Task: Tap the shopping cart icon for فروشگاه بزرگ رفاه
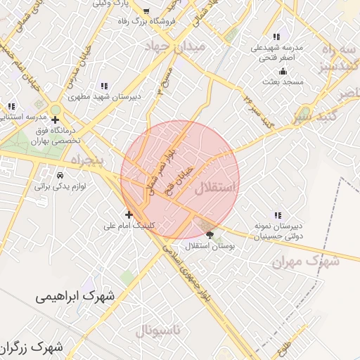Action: [146, 11]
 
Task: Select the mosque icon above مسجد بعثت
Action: [283, 71]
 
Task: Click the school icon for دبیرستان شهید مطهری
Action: [104, 85]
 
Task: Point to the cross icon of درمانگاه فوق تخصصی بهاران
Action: [56, 120]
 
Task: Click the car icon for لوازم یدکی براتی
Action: [60, 174]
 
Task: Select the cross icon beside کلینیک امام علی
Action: [129, 214]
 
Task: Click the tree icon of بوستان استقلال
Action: [209, 235]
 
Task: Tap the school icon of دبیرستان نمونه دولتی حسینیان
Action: [278, 215]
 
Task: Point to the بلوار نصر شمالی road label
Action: [160, 169]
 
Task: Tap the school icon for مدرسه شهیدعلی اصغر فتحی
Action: [276, 37]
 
